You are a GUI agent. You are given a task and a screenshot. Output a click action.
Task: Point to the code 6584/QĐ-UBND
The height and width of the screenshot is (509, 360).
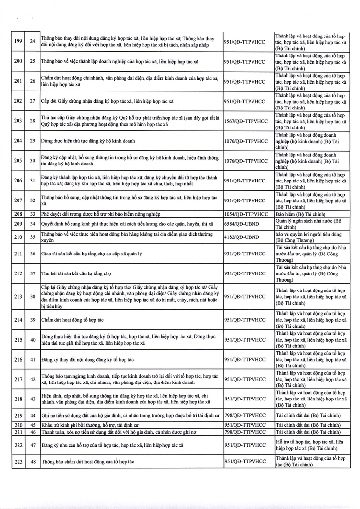[x=242, y=224]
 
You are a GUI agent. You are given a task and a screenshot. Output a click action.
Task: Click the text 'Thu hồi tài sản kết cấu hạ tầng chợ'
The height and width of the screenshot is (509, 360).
[x=79, y=273]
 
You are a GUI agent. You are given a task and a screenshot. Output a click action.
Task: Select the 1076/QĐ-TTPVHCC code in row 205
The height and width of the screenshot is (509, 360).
[x=246, y=161]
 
